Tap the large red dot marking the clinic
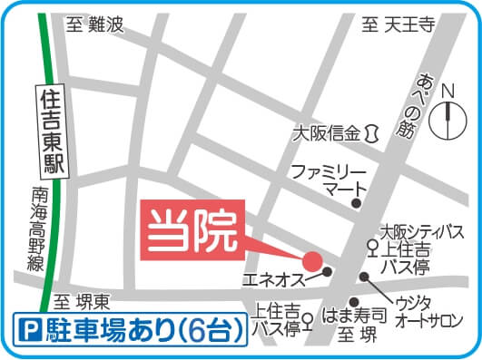point(311,260)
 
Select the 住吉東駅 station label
point(51,131)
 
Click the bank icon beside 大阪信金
point(371,134)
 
